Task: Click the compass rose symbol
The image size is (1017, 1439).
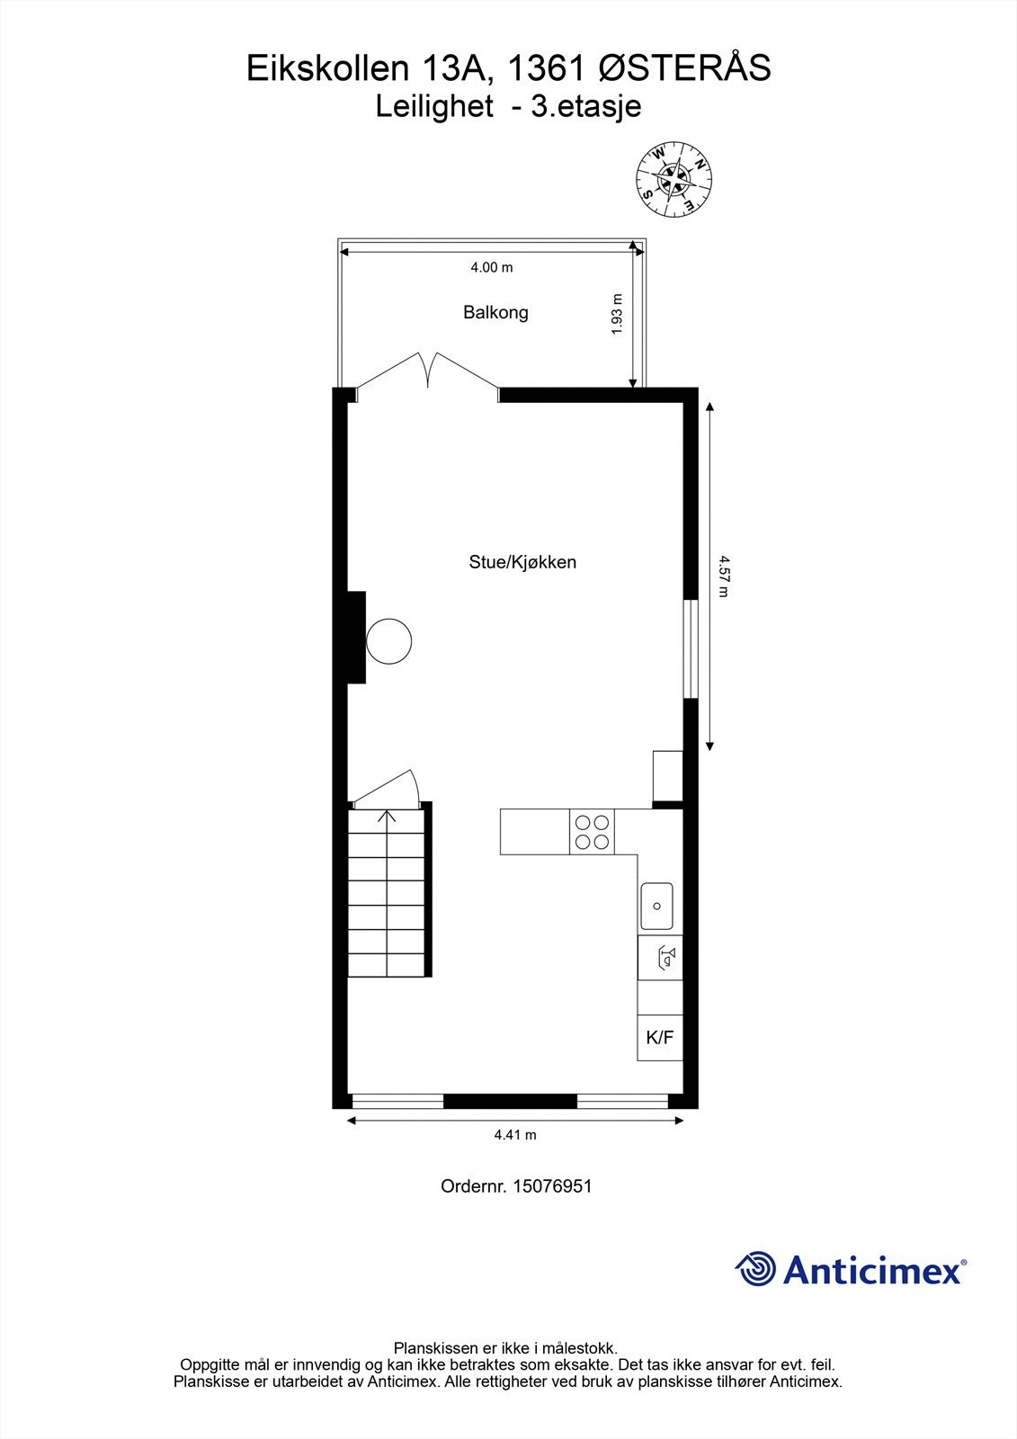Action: (x=674, y=180)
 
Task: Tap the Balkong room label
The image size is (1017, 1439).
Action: (x=495, y=313)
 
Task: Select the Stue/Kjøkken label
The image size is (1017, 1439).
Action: (x=522, y=563)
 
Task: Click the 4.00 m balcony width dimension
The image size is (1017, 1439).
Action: (x=492, y=267)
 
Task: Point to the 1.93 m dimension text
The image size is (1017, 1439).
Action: (x=617, y=315)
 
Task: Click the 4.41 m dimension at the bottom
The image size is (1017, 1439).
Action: (x=515, y=1135)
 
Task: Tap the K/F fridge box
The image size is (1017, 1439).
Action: (x=660, y=1037)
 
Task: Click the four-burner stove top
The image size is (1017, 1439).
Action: (x=592, y=832)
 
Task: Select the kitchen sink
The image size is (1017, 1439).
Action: (x=657, y=906)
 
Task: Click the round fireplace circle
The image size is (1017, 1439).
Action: (x=389, y=641)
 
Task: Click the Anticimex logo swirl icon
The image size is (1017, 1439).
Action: (x=756, y=1269)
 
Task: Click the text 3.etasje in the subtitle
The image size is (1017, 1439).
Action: (x=585, y=107)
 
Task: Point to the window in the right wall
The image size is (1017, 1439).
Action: (x=691, y=649)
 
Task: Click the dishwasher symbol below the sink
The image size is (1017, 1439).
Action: (x=666, y=957)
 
